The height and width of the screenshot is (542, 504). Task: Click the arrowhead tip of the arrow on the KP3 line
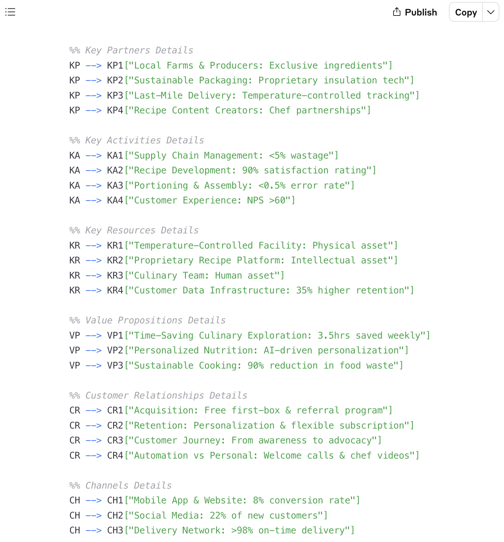point(101,96)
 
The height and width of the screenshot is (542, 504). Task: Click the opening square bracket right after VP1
point(126,335)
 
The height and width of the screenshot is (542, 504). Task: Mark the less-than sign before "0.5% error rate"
point(261,186)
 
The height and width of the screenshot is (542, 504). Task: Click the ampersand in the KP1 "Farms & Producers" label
point(202,65)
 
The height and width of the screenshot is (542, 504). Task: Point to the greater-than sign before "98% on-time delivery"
point(234,530)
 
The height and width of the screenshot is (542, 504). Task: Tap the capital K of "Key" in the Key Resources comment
point(88,230)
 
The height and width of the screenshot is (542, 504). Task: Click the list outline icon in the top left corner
point(10,12)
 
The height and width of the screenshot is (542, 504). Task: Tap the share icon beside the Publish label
point(397,12)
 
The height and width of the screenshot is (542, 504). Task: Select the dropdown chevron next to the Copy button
point(491,12)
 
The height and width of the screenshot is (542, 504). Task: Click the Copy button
point(466,12)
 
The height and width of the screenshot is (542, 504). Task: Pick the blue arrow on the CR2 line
point(93,426)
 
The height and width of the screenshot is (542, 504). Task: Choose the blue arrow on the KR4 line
point(93,290)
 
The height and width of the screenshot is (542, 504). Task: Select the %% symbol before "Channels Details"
point(75,485)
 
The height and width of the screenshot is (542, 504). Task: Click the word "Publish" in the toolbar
point(421,12)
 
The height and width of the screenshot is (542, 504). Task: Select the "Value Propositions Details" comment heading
point(155,320)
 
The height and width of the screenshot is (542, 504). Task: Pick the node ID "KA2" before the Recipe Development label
point(115,170)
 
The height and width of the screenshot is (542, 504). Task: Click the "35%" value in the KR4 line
point(304,290)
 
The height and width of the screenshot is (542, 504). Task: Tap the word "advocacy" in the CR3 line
point(350,440)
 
